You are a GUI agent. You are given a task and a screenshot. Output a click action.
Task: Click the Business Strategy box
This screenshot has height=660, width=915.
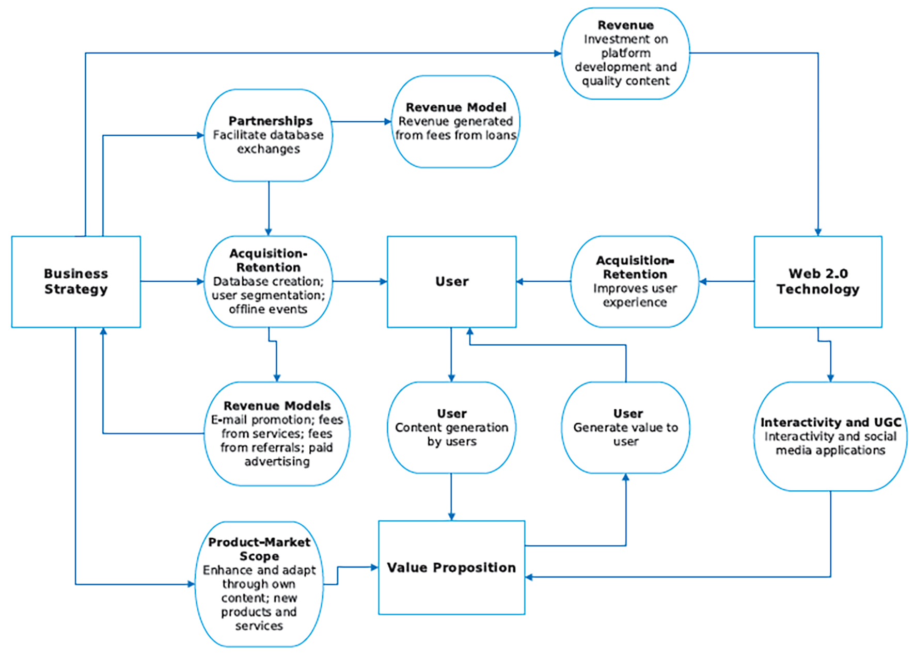pyautogui.click(x=76, y=282)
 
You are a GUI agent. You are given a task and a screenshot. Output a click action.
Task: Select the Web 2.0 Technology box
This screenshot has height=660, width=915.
pyautogui.click(x=818, y=282)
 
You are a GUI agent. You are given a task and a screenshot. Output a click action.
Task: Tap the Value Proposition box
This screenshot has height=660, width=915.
pyautogui.click(x=452, y=568)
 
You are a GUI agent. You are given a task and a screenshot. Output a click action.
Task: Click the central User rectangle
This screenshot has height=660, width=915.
pyautogui.click(x=452, y=282)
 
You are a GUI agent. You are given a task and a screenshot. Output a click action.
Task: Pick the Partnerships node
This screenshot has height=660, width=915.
pyautogui.click(x=268, y=135)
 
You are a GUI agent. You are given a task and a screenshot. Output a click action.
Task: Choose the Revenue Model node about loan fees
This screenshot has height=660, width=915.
pyautogui.click(x=455, y=122)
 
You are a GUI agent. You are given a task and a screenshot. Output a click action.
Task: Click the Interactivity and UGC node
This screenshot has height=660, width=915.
pyautogui.click(x=830, y=437)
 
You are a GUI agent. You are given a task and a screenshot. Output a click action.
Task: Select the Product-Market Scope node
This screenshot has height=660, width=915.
pyautogui.click(x=259, y=584)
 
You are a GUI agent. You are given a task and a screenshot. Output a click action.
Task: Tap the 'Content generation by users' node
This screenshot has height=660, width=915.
pyautogui.click(x=452, y=428)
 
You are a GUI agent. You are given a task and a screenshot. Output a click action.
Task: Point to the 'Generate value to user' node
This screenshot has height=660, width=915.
pyautogui.click(x=626, y=428)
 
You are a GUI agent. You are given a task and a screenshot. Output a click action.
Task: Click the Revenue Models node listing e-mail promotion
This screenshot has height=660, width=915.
pyautogui.click(x=277, y=433)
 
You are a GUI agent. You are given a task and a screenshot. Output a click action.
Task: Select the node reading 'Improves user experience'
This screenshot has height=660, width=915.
pyautogui.click(x=635, y=282)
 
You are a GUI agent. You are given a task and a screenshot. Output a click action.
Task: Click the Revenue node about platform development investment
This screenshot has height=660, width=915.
pyautogui.click(x=626, y=53)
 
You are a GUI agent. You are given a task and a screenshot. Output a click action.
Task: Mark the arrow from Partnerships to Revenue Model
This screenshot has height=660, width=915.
pyautogui.click(x=362, y=122)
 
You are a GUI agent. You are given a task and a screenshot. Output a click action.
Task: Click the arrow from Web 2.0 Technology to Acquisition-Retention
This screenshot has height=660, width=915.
pyautogui.click(x=727, y=282)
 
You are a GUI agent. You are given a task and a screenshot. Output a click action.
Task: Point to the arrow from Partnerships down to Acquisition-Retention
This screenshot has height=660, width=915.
pyautogui.click(x=269, y=208)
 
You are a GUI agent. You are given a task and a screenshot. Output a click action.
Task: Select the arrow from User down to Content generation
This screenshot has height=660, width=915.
pyautogui.click(x=452, y=355)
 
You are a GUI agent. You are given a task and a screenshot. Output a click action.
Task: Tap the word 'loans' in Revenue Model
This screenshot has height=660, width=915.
pyautogui.click(x=500, y=135)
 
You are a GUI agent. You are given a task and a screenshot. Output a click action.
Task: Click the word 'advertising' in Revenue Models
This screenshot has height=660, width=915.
pyautogui.click(x=277, y=462)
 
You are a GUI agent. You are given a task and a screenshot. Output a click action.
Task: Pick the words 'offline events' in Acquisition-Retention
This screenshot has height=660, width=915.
pyautogui.click(x=268, y=309)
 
